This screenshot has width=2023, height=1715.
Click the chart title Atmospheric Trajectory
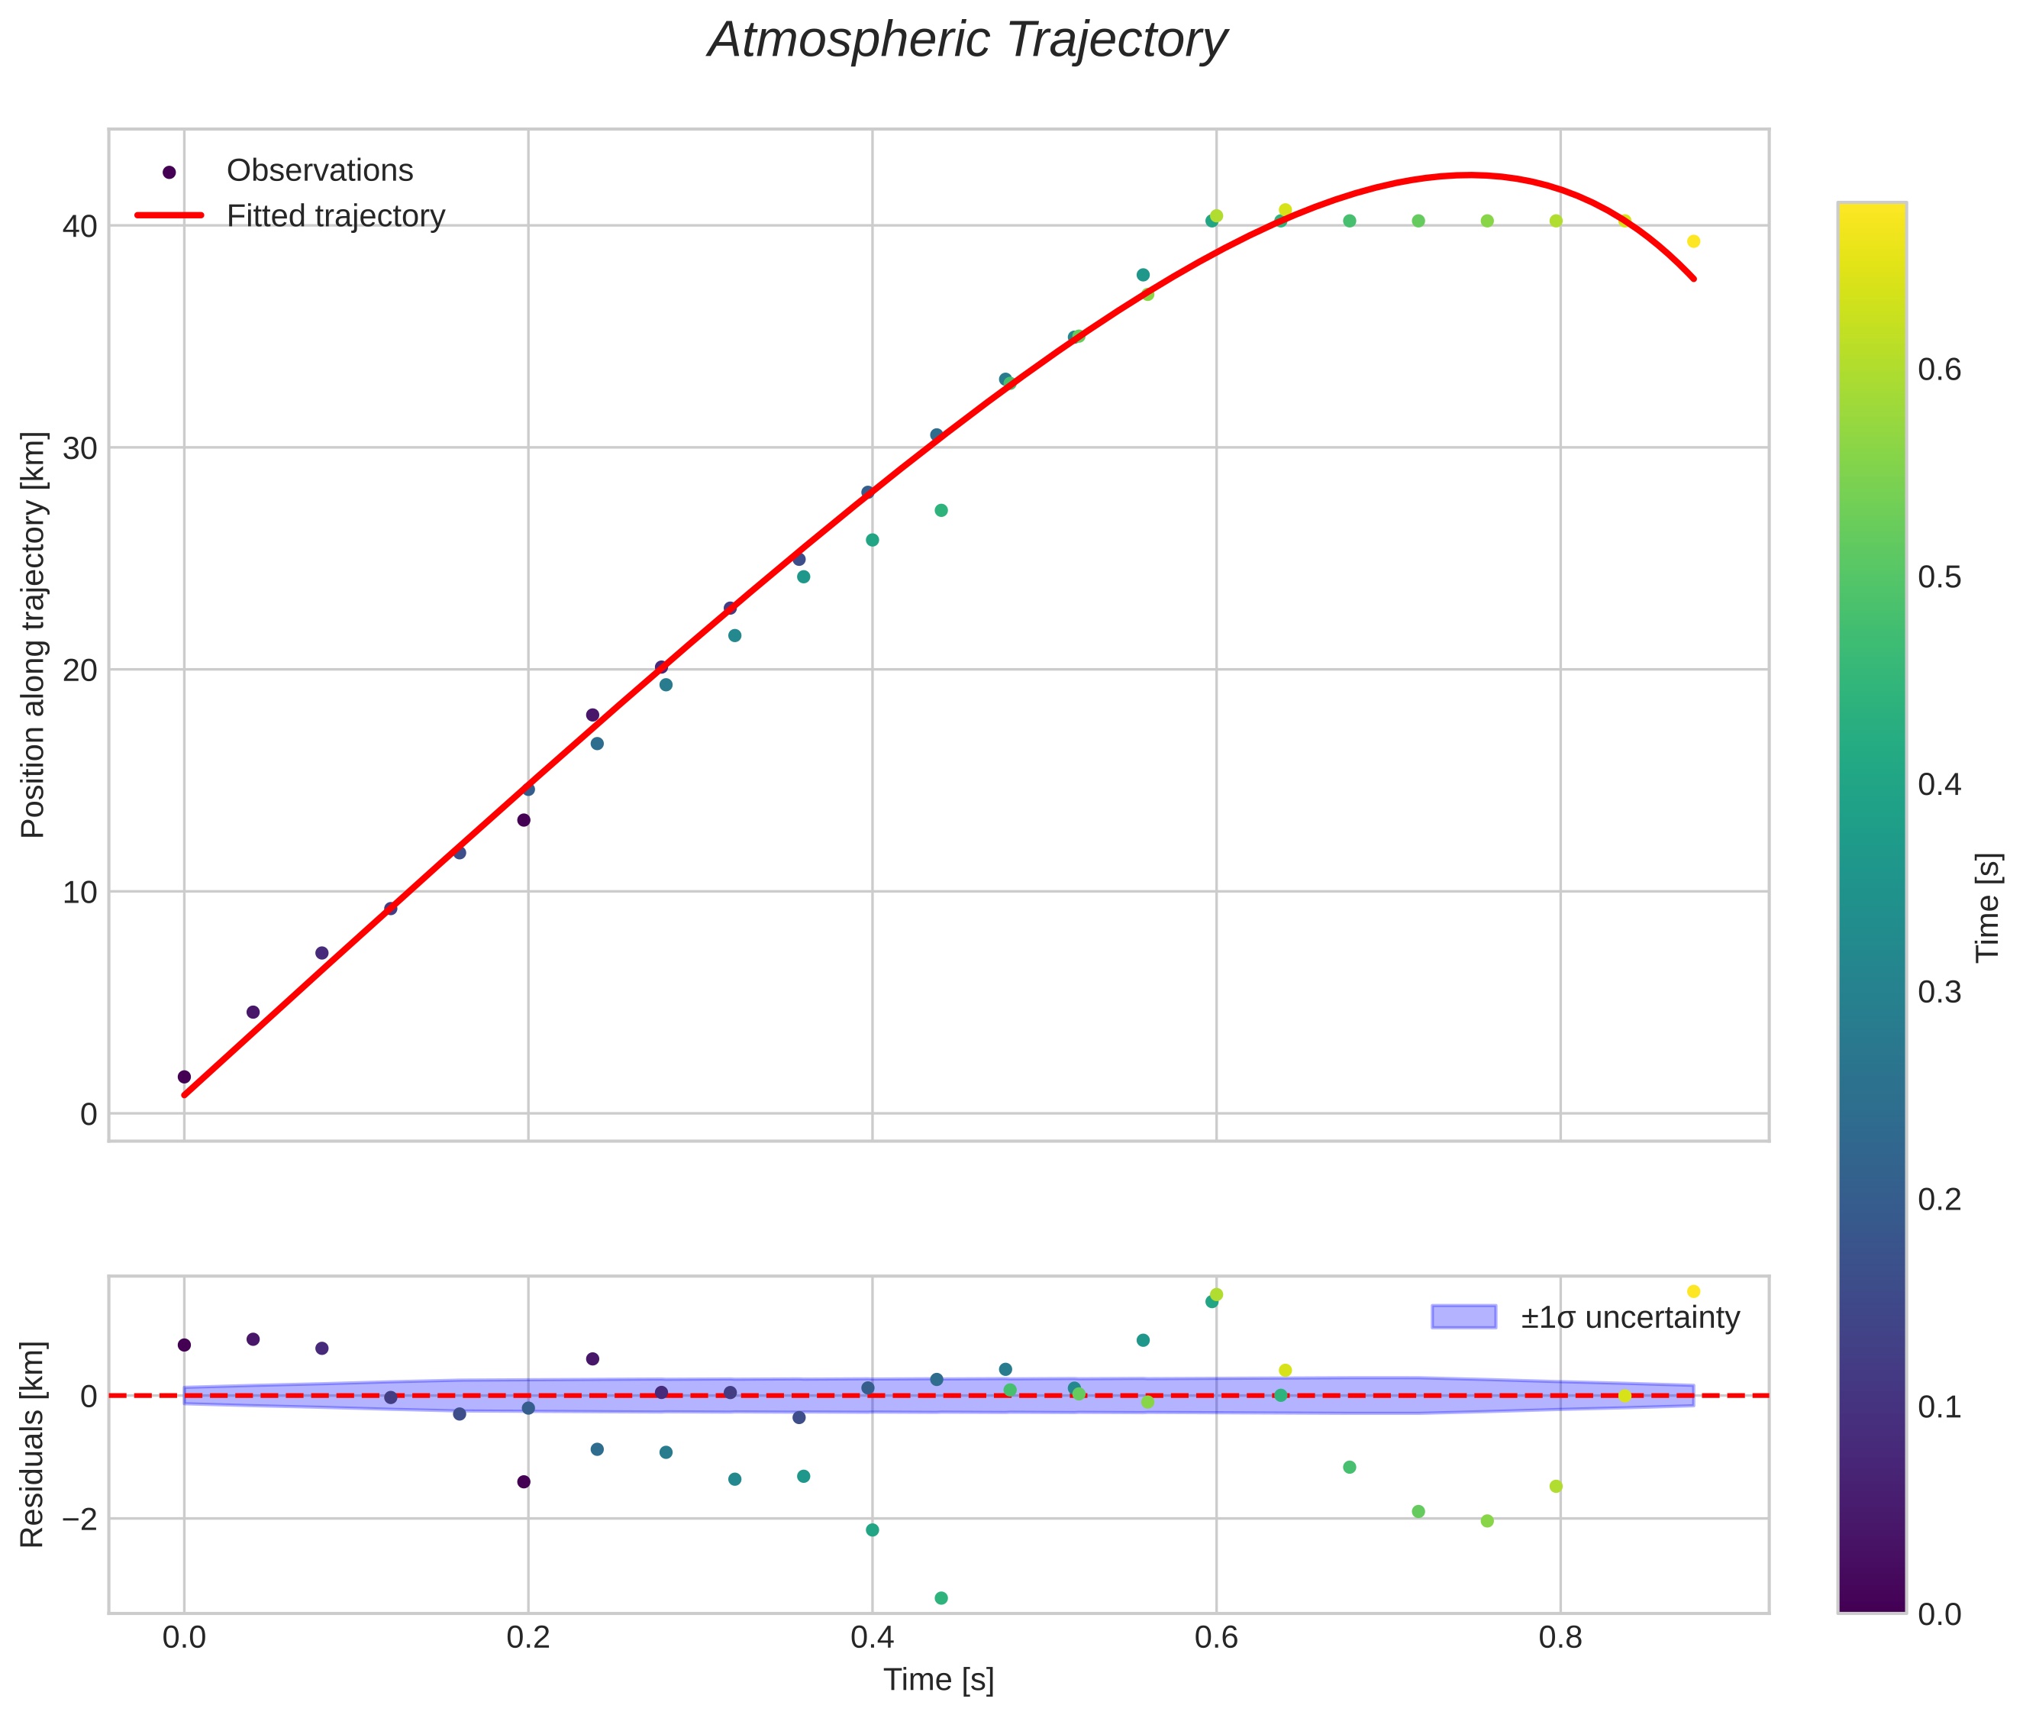(967, 40)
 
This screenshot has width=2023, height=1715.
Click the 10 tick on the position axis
(79, 893)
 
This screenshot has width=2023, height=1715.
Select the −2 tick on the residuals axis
(74, 1519)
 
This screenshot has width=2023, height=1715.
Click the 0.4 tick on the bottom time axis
(872, 1637)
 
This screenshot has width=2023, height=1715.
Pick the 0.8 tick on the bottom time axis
(1560, 1637)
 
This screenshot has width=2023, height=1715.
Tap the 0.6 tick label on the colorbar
(1939, 370)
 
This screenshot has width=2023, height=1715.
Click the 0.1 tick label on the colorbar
(1939, 1407)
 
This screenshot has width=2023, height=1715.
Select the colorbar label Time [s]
(1988, 907)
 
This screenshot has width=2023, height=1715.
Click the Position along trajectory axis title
(33, 634)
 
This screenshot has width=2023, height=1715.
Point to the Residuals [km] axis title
(33, 1444)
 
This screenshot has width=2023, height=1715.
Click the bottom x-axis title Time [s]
(938, 1680)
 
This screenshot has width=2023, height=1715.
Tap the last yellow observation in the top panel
(1693, 241)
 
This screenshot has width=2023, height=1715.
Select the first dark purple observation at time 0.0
(184, 1076)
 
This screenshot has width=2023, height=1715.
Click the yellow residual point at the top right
(1693, 1291)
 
